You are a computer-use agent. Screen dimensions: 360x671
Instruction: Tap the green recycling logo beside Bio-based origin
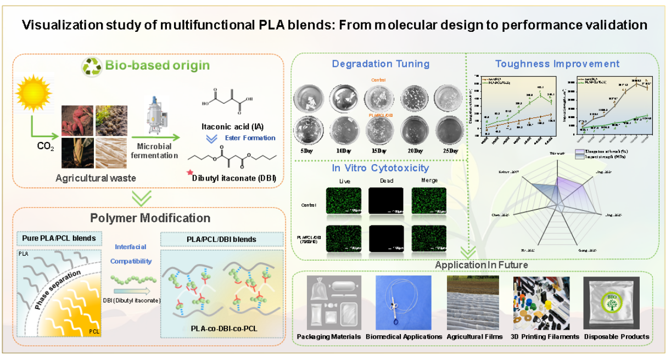[x=92, y=66]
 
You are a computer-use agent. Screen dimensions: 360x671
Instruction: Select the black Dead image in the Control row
[x=385, y=201]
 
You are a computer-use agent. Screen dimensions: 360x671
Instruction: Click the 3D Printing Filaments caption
[x=545, y=336]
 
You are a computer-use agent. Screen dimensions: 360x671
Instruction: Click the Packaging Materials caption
[x=329, y=336]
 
